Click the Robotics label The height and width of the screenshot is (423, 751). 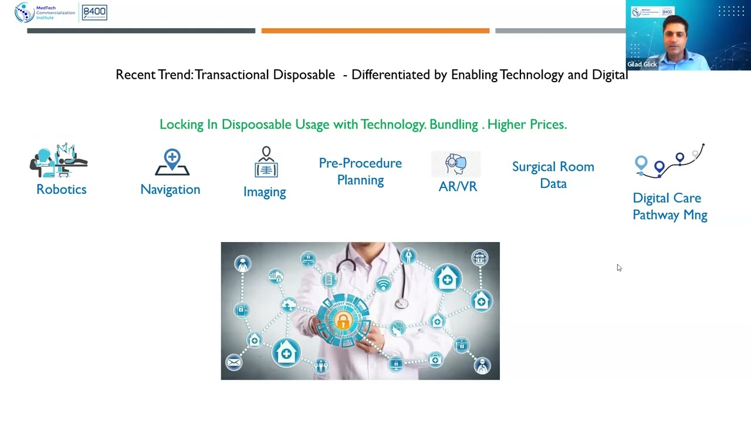coord(61,189)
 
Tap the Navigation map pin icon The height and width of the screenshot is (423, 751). coord(172,162)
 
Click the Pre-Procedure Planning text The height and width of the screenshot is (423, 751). coord(360,172)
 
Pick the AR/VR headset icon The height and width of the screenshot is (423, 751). coord(456,164)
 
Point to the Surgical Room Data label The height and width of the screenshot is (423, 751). coord(553,175)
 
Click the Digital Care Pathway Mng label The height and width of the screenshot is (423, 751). coord(669,206)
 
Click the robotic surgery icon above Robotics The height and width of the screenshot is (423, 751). coord(59,160)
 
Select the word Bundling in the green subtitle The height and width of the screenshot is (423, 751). coord(454,125)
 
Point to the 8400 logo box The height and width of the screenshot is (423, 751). coord(94,12)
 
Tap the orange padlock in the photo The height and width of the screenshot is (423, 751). coord(343,320)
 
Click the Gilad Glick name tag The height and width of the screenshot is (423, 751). coord(642,65)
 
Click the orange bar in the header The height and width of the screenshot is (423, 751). coord(375,31)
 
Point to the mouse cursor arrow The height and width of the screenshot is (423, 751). coord(619,268)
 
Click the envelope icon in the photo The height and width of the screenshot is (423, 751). coord(234,362)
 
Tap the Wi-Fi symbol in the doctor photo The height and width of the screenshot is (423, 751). coord(383,285)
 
